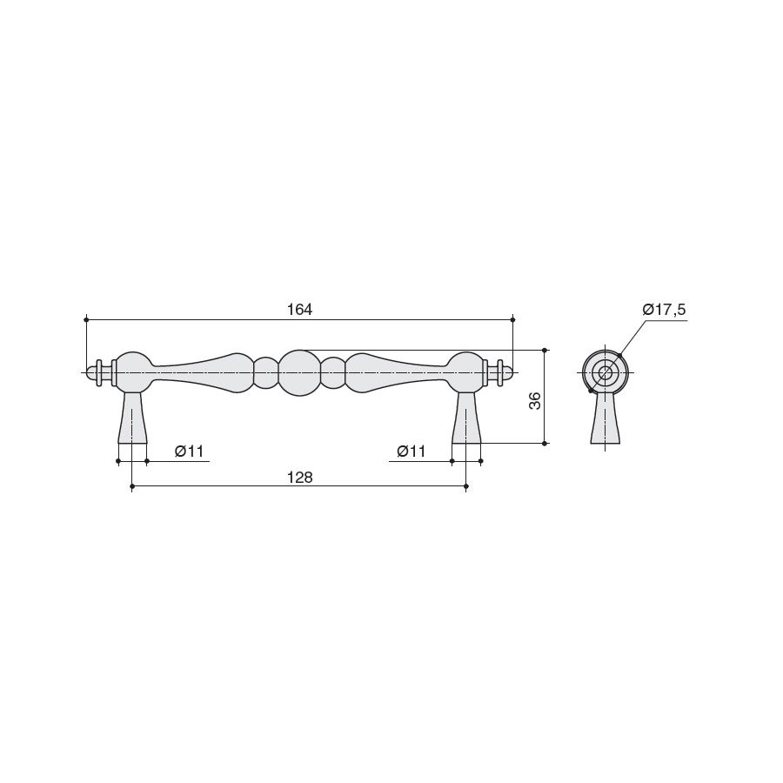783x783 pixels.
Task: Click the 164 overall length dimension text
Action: [x=299, y=310]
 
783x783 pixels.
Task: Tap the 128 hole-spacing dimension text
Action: [x=299, y=478]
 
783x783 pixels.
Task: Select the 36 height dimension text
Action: [x=535, y=401]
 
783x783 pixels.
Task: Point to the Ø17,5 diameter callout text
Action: [x=664, y=310]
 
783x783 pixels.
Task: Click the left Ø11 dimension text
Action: [x=190, y=452]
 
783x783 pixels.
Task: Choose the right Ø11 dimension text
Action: [x=411, y=452]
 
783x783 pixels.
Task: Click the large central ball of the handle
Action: [x=299, y=373]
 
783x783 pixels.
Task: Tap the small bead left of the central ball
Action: [x=266, y=373]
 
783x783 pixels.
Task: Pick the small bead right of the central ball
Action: [x=332, y=373]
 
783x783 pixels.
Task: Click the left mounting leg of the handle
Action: [x=132, y=418]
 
